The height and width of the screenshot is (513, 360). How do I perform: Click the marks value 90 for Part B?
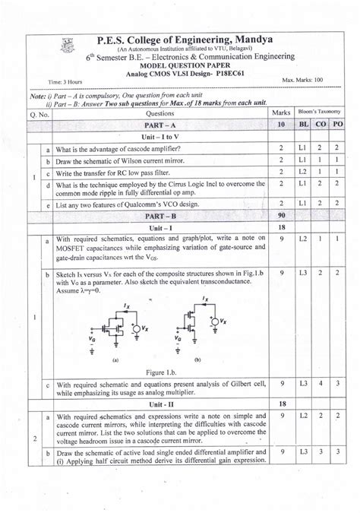[x=281, y=216]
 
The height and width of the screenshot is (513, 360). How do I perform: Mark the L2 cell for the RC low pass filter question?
[x=303, y=173]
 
